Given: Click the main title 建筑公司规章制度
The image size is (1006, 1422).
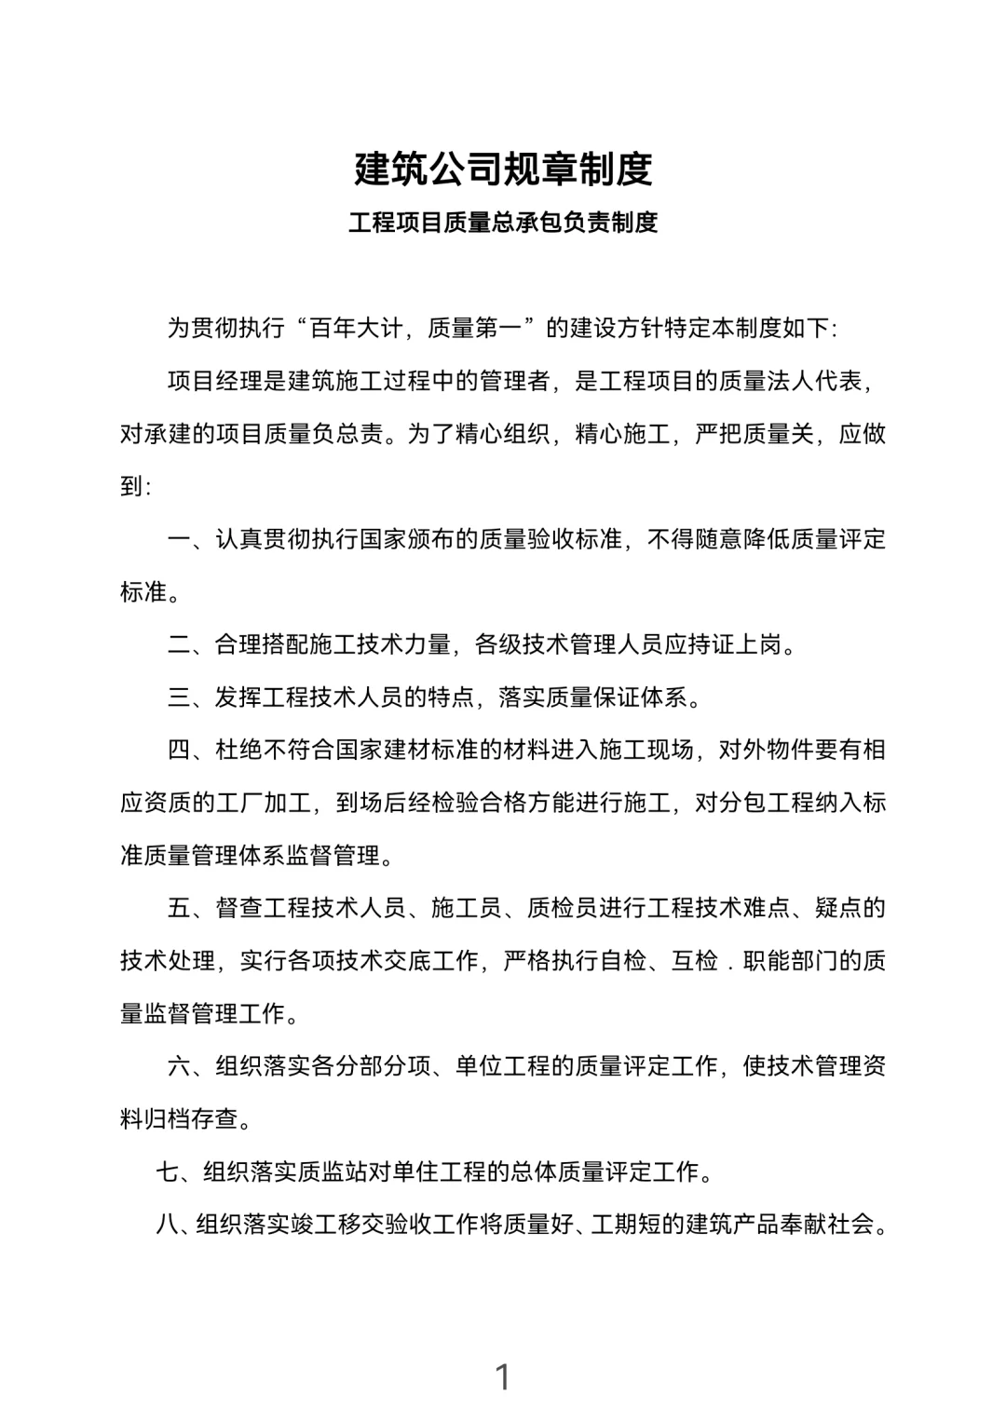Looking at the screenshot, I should coord(503,169).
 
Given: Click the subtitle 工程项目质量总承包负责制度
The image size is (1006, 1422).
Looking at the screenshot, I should coord(503,223).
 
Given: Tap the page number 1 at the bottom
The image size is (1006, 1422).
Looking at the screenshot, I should coord(503,1376).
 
